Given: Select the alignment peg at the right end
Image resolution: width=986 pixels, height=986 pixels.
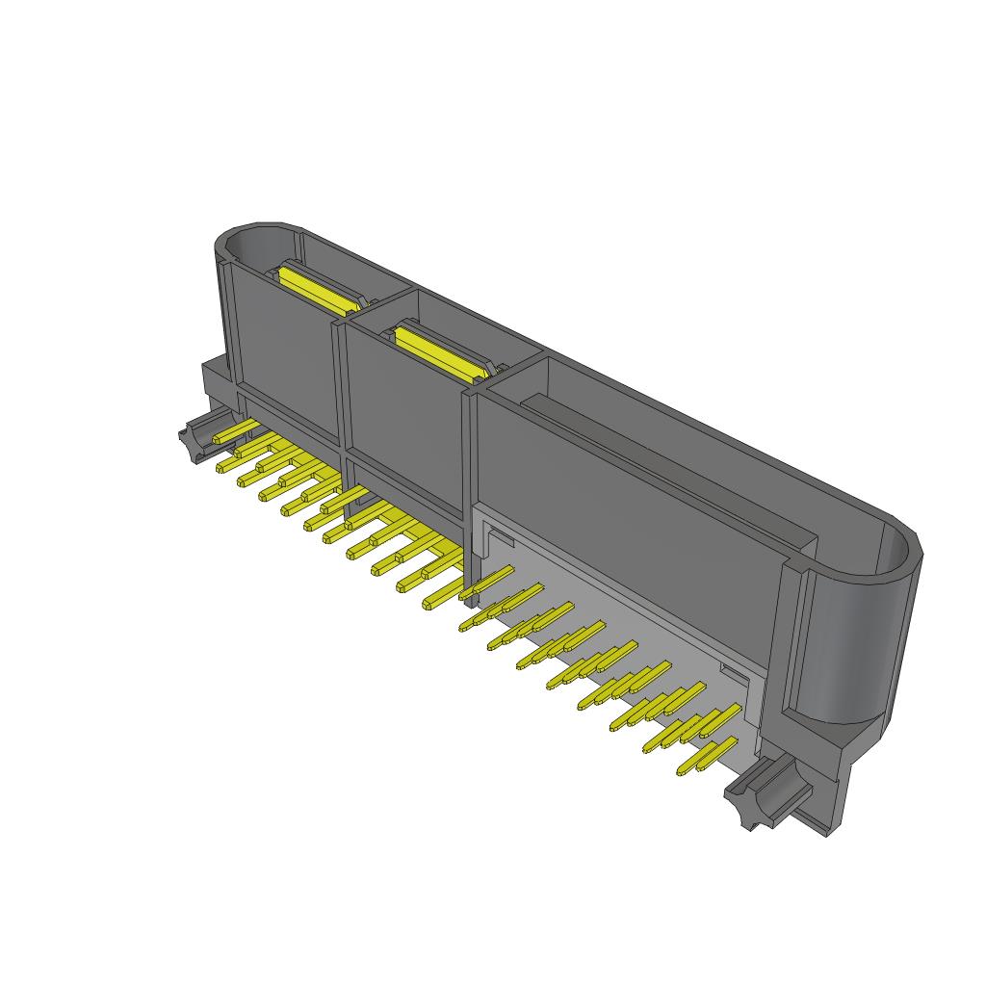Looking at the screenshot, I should coord(760,791).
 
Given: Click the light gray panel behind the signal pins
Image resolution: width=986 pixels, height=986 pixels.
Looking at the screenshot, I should coord(616,597).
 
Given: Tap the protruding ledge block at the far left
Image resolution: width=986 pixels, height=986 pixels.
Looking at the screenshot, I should coord(217,380).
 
